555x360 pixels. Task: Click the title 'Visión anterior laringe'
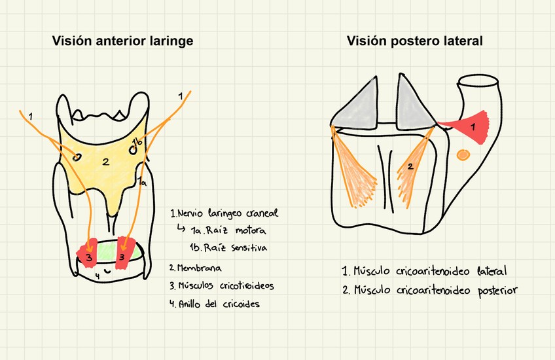122,41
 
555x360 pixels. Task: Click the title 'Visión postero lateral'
415,41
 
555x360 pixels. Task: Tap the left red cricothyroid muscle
87,251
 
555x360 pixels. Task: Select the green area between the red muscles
106,250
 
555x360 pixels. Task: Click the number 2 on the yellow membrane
105,162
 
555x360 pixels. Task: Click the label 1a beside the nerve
142,183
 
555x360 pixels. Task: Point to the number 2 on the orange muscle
410,167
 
